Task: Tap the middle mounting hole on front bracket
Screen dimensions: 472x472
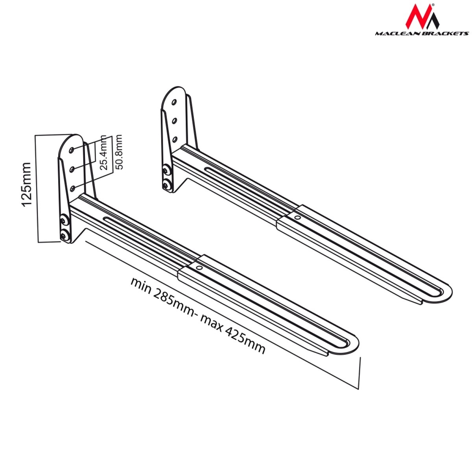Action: coord(72,169)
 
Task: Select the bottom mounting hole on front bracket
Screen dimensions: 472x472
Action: coord(73,188)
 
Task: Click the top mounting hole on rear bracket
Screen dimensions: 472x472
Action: coord(174,102)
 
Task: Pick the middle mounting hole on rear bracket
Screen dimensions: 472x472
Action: coord(174,120)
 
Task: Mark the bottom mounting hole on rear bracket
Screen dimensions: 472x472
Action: coord(175,140)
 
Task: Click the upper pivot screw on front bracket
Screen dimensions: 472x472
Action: coord(64,221)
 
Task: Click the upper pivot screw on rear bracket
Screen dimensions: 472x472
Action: coord(167,170)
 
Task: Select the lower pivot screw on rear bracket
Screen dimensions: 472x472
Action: coord(167,184)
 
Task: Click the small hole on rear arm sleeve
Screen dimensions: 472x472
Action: coord(297,217)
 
